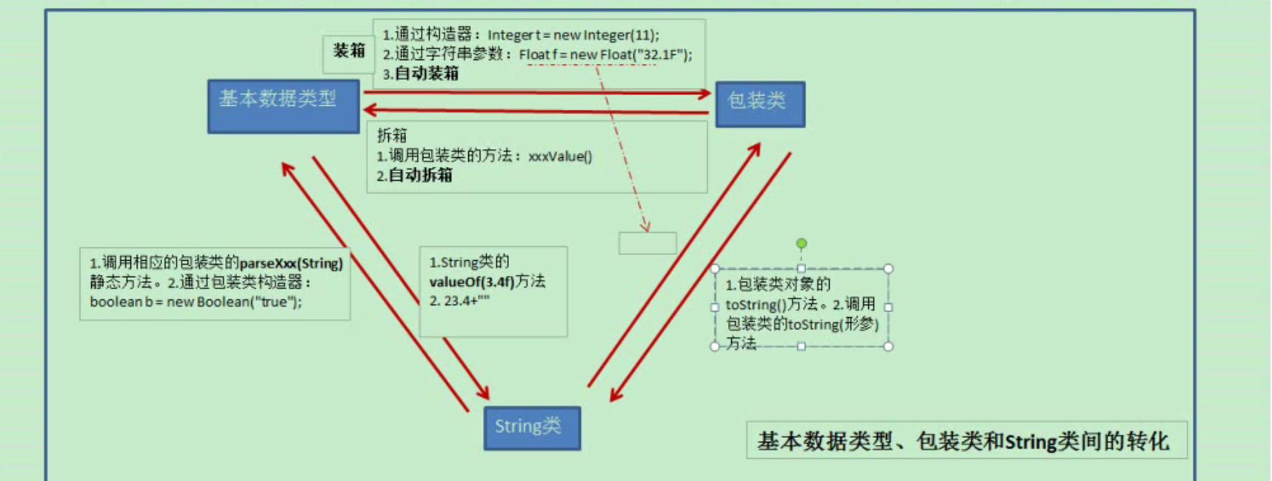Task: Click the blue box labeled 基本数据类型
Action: pos(284,107)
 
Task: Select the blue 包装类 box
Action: pos(760,105)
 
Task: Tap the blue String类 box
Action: pos(532,428)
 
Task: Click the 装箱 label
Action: pos(349,50)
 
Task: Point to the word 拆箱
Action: pos(393,135)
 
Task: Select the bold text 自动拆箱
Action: pos(420,176)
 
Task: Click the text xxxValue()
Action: pos(560,156)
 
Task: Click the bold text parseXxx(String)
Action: pos(291,263)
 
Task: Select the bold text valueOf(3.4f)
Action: pos(472,282)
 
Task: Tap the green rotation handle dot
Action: pos(802,243)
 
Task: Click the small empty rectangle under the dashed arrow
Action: pos(647,243)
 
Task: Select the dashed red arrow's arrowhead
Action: pos(645,224)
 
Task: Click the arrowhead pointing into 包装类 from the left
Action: pos(705,93)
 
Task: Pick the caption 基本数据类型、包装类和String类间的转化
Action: pos(963,442)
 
